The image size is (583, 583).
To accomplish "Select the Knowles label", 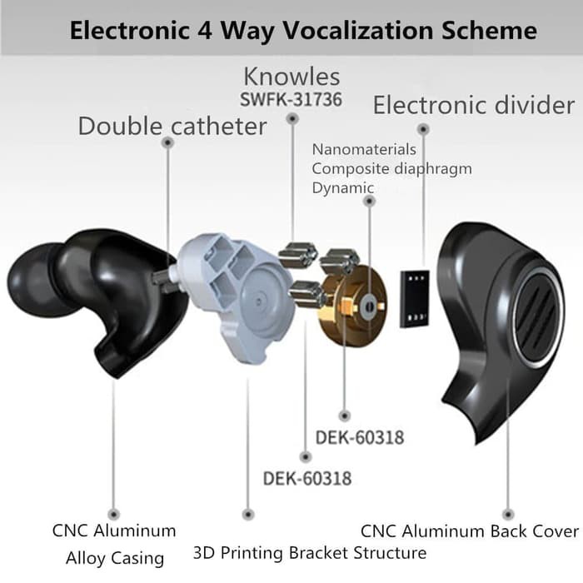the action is (291, 77).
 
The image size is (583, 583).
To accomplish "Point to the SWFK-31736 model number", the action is (291, 100).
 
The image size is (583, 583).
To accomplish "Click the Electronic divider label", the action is (473, 106).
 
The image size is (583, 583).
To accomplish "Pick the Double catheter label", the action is (172, 127).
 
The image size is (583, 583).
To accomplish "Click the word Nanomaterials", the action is (364, 150).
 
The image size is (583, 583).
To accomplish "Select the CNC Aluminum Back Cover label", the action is (469, 531).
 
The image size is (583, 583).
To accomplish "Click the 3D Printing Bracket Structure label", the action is (310, 552).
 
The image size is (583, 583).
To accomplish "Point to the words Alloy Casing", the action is (114, 557).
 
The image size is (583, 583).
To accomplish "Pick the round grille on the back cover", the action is (532, 316).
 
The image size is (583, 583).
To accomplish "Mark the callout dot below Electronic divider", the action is (423, 130).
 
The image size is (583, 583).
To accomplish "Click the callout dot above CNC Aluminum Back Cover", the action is (508, 515).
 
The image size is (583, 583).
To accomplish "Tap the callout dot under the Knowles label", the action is (291, 120).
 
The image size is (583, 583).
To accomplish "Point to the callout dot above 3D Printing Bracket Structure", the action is (247, 515).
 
